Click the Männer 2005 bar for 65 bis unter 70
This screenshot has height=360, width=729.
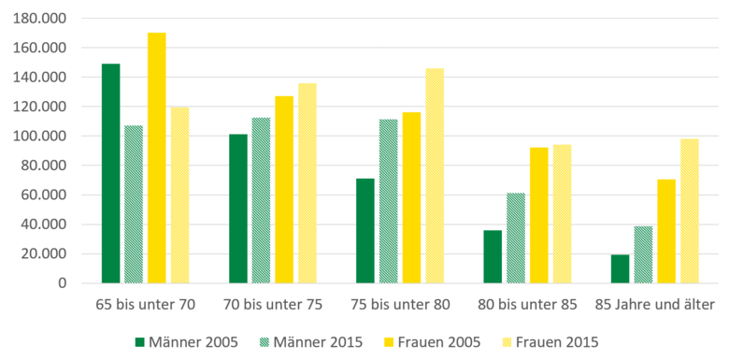[x=111, y=173]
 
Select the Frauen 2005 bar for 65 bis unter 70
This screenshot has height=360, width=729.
[x=156, y=158]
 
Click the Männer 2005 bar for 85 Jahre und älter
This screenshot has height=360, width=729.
[x=620, y=268]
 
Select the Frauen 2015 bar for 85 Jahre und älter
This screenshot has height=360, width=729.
[x=689, y=210]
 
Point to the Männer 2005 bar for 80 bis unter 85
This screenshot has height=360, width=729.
[x=493, y=256]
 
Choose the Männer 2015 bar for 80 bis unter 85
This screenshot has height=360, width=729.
[x=515, y=238]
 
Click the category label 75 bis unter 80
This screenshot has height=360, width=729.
[x=400, y=305]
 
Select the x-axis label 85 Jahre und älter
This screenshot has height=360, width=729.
[x=654, y=305]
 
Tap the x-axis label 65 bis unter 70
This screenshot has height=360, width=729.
[x=145, y=305]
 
